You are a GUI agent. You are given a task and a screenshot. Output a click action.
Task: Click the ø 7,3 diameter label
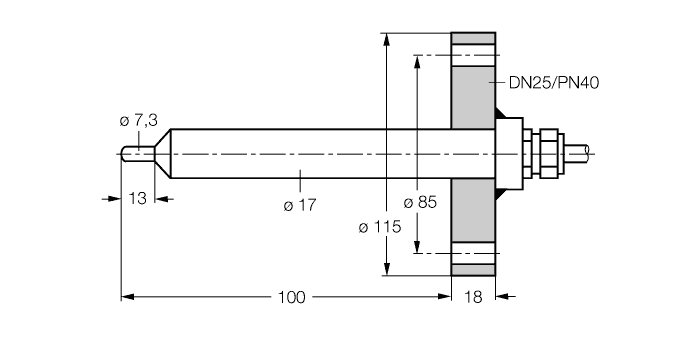[138, 121]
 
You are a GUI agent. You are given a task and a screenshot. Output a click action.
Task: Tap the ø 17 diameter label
[299, 205]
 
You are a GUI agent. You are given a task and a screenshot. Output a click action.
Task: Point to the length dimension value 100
[292, 297]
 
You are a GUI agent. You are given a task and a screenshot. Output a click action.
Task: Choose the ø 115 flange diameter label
[379, 227]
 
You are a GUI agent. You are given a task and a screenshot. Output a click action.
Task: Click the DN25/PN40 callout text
[547, 82]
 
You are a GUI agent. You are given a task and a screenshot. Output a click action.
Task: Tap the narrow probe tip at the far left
[136, 153]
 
